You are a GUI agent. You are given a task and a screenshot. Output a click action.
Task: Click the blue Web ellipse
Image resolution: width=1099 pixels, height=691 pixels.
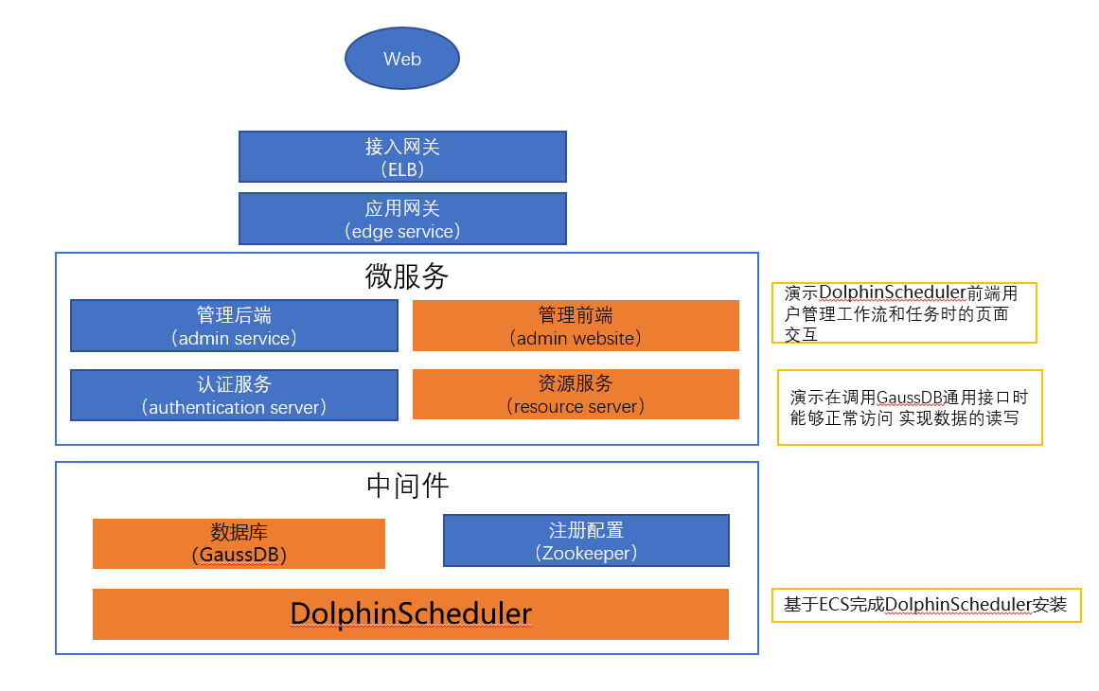[401, 59]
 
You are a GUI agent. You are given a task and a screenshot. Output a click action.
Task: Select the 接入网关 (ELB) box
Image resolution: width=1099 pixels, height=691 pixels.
[402, 157]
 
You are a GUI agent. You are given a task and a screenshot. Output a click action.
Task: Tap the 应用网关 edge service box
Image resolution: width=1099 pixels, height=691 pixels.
[402, 219]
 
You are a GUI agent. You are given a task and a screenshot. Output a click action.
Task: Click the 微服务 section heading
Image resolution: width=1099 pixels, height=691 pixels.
[407, 276]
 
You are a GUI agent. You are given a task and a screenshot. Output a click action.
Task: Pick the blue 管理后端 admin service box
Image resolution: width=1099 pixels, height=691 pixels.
[234, 326]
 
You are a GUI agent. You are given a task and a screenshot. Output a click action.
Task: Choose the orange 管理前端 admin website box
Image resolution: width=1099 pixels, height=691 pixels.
[576, 326]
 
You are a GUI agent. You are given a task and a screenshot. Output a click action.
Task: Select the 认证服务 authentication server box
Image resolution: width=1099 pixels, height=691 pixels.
[234, 395]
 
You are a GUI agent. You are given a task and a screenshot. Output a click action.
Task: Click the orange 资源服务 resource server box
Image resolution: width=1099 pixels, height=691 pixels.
[576, 395]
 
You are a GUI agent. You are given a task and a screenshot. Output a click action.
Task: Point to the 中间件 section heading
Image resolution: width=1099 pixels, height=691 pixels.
[407, 486]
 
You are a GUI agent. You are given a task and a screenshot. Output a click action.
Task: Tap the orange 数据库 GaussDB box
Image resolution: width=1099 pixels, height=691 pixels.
[239, 543]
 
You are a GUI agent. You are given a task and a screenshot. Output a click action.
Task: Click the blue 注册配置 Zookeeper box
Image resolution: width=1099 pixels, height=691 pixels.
[586, 540]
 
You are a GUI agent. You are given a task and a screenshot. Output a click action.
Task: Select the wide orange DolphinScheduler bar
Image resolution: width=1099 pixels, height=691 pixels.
[410, 614]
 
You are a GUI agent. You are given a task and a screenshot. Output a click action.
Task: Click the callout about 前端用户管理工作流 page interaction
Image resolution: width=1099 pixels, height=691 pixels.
[904, 312]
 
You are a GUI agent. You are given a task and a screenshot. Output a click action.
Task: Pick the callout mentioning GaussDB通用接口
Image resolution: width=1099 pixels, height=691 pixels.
[909, 407]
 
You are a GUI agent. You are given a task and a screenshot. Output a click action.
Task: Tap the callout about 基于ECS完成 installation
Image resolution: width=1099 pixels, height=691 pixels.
[926, 605]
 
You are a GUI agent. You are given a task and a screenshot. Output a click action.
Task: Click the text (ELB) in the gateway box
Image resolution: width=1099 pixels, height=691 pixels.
[402, 169]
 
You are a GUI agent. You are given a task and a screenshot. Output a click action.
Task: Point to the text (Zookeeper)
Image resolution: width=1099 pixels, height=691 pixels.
[586, 553]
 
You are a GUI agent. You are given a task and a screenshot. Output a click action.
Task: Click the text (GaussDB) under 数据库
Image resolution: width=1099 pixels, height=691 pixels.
[239, 556]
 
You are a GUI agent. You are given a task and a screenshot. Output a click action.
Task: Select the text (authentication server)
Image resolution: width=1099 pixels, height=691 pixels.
[234, 407]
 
